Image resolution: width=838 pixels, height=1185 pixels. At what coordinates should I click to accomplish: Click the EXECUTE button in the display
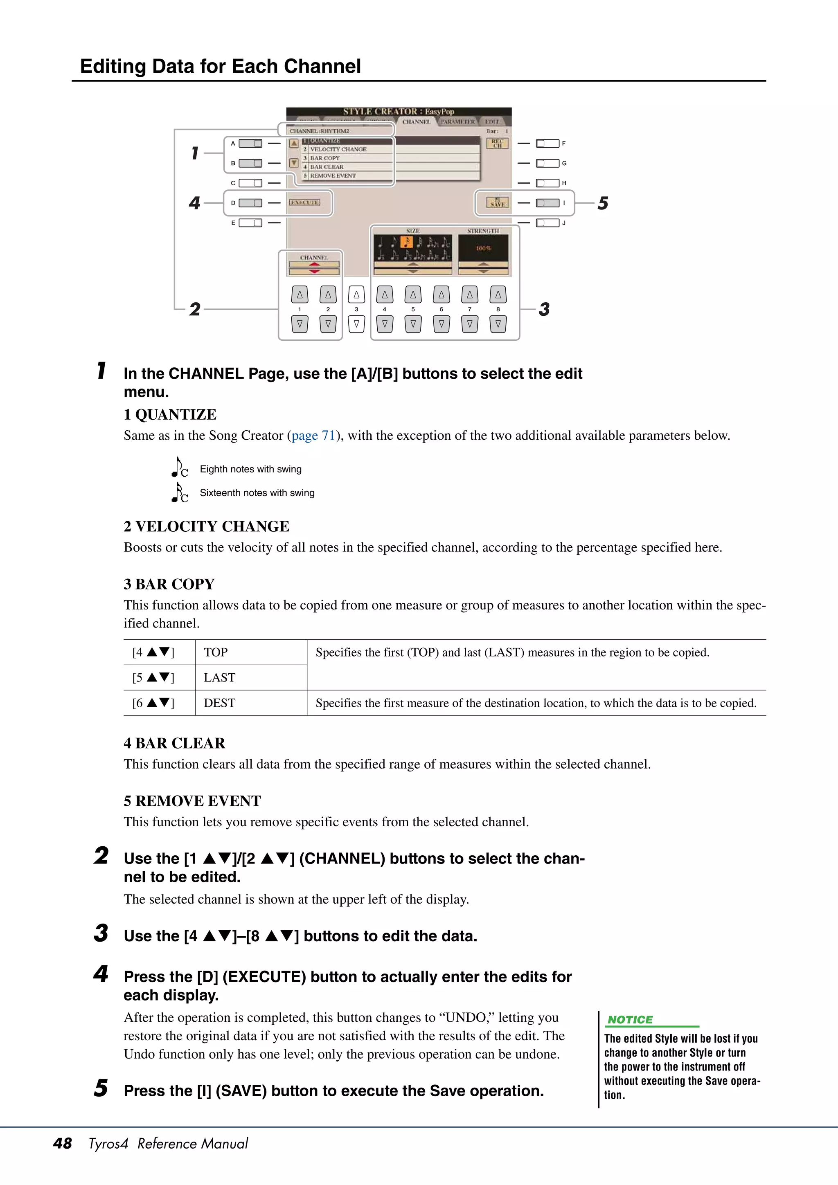click(304, 202)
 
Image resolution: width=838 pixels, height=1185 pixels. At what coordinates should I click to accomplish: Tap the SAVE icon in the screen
click(497, 203)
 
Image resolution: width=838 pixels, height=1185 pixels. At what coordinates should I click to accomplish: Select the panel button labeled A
click(250, 144)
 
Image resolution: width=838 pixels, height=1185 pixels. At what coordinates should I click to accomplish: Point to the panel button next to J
click(547, 223)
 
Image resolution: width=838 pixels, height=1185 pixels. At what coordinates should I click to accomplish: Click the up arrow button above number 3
click(356, 295)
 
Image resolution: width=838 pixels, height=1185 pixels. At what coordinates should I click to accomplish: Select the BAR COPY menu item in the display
click(325, 158)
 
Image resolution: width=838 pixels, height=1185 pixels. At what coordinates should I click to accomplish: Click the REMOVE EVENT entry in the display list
click(333, 175)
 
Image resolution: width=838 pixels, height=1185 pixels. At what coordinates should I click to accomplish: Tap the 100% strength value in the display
click(483, 248)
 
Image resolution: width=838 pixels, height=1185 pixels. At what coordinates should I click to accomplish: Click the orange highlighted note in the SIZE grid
click(406, 242)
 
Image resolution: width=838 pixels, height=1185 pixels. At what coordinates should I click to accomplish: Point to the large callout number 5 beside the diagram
click(603, 203)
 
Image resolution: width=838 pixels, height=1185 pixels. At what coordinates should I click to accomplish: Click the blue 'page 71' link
click(313, 436)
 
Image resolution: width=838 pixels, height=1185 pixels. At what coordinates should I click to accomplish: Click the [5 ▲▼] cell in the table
click(153, 678)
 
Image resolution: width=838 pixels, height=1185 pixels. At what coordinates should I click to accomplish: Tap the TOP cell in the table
click(216, 652)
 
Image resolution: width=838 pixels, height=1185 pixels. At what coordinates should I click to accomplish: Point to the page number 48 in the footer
click(63, 1143)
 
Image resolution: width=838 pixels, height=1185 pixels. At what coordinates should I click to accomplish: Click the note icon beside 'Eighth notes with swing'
click(180, 468)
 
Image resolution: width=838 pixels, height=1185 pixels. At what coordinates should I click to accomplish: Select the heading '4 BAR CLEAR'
click(175, 743)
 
